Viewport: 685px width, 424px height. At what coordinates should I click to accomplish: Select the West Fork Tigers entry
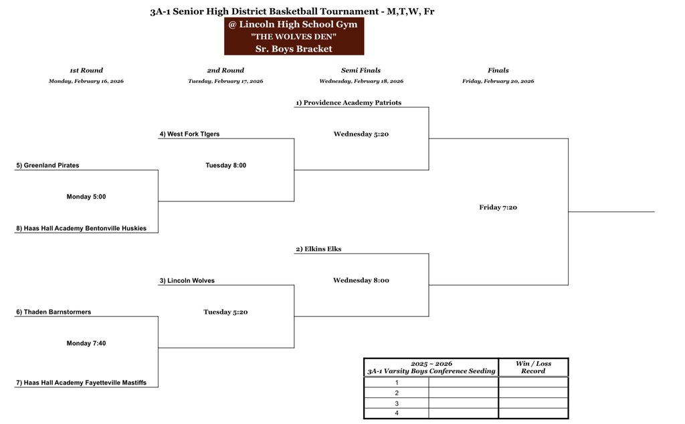point(189,134)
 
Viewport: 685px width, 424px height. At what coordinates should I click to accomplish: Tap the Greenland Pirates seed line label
point(47,165)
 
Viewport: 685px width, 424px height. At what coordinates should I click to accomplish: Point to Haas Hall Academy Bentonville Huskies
point(81,228)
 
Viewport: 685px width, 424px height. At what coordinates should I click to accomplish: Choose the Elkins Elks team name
point(318,249)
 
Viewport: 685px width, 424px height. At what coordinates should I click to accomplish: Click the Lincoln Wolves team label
point(187,281)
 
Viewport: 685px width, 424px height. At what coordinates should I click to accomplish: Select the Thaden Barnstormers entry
point(53,312)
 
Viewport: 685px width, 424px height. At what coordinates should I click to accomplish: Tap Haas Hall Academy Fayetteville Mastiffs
point(81,383)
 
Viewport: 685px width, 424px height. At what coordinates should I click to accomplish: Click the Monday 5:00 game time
point(86,197)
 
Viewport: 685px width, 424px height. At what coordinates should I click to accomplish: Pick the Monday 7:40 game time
point(86,343)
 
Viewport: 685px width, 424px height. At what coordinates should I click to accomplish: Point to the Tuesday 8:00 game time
point(225,165)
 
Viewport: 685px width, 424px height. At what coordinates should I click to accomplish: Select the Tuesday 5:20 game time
point(225,312)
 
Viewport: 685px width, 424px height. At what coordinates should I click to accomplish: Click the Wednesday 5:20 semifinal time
point(361,134)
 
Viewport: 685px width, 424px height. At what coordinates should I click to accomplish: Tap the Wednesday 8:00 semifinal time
point(361,281)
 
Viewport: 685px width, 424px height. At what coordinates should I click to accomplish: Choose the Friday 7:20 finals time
point(498,207)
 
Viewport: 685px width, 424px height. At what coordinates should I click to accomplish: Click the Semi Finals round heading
point(361,70)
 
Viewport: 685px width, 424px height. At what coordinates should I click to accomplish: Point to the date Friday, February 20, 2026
point(498,82)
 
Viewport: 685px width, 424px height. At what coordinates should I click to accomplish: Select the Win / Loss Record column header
point(532,367)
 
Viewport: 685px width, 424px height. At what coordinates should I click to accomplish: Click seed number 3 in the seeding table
point(397,404)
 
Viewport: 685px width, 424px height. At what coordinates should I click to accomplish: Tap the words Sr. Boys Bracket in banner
point(294,49)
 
